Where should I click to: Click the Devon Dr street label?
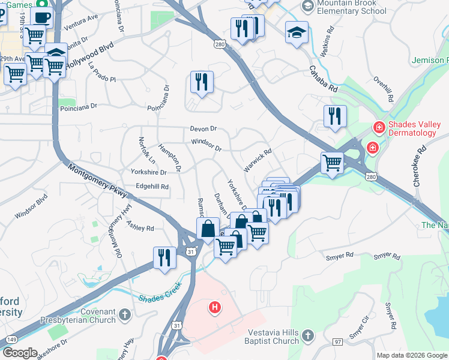(203, 129)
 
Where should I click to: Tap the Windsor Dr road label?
(206, 145)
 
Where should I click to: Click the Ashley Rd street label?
(140, 227)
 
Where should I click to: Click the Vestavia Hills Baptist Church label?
(272, 337)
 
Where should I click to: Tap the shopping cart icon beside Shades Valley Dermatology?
(332, 163)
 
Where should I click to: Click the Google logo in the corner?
(19, 353)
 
